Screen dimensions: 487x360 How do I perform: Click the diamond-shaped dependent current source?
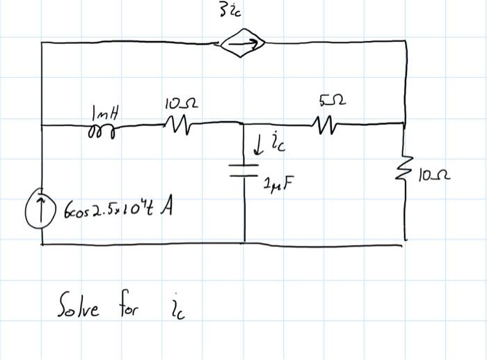click(243, 43)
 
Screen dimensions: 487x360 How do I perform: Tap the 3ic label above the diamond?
click(230, 11)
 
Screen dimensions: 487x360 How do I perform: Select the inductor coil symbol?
click(102, 131)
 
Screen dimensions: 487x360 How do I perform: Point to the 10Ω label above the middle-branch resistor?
click(182, 104)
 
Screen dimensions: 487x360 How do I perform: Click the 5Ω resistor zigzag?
click(325, 125)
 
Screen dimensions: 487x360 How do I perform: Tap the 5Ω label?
click(332, 100)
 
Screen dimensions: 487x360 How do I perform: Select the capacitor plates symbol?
click(243, 171)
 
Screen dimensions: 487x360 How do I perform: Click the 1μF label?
click(278, 185)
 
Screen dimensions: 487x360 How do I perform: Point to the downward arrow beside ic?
click(257, 146)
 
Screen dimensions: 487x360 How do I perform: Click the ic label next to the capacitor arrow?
click(278, 142)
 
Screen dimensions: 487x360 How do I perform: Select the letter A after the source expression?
click(166, 208)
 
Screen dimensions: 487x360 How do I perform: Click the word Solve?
click(78, 304)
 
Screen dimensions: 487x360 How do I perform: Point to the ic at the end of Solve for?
click(177, 307)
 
